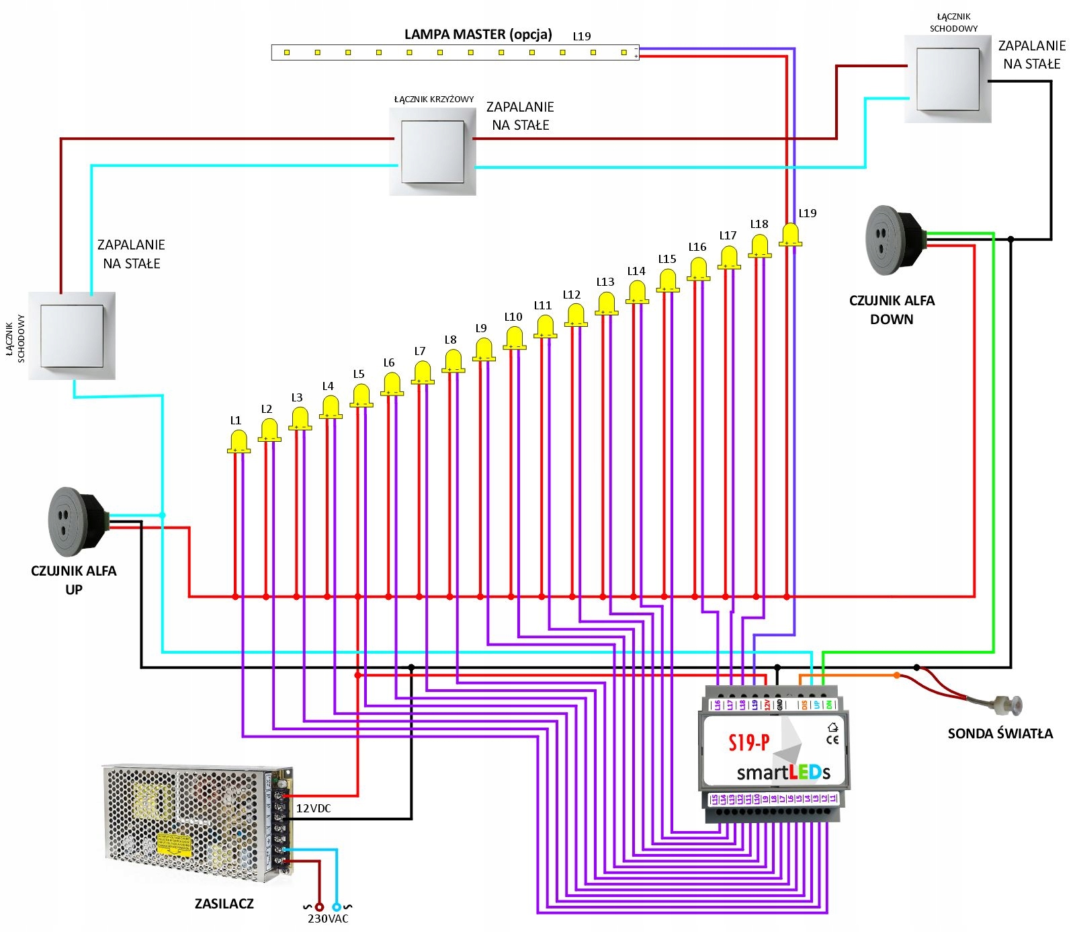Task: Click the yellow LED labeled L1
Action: pyautogui.click(x=239, y=442)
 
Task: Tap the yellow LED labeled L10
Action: pyautogui.click(x=515, y=338)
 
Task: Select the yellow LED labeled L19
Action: pyautogui.click(x=790, y=235)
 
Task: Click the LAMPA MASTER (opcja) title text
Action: pyautogui.click(x=478, y=34)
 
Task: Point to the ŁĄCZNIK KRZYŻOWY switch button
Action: pyautogui.click(x=433, y=152)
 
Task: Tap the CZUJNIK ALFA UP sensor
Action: pyautogui.click(x=75, y=522)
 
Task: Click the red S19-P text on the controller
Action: pyautogui.click(x=748, y=742)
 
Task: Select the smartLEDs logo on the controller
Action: pyautogui.click(x=783, y=773)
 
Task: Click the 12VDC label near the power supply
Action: pyautogui.click(x=314, y=808)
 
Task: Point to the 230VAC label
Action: pyautogui.click(x=328, y=919)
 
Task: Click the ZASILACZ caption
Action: pyautogui.click(x=224, y=904)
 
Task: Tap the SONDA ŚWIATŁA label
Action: pyautogui.click(x=1000, y=734)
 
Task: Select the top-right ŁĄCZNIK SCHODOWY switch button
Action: pyautogui.click(x=947, y=79)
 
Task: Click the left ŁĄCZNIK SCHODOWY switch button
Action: pyautogui.click(x=72, y=336)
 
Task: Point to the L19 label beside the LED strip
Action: pyautogui.click(x=582, y=36)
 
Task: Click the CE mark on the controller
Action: pyautogui.click(x=832, y=740)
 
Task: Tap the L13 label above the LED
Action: pyautogui.click(x=605, y=282)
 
